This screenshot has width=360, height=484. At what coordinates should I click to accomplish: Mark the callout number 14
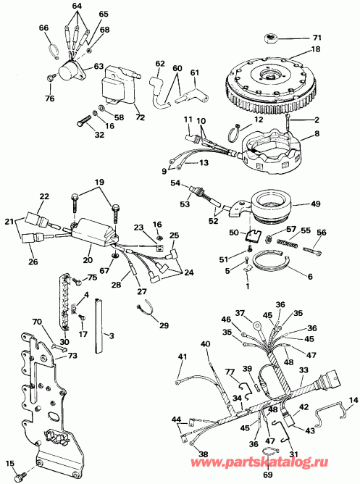(x=353, y=399)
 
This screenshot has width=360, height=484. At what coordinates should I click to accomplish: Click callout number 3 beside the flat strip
(x=112, y=336)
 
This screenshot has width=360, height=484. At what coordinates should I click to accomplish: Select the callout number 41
(x=182, y=356)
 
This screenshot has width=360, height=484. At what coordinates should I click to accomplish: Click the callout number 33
(x=304, y=370)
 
